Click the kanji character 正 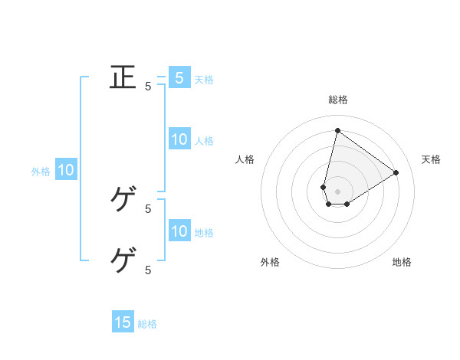[123, 78]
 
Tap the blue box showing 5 [179, 77]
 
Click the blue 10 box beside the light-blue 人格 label [179, 139]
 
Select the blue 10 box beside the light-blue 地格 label [179, 231]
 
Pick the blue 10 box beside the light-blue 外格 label [66, 170]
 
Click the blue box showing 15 [123, 322]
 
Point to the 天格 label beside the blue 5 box [204, 79]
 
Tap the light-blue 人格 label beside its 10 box [204, 141]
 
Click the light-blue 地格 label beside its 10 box [204, 233]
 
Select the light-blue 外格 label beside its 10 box [41, 172]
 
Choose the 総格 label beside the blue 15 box [147, 324]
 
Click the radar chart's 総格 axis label [338, 100]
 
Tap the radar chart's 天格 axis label [432, 159]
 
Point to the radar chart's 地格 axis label [402, 262]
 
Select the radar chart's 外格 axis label [270, 262]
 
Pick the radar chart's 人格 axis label [245, 159]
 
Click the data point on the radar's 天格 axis [396, 172]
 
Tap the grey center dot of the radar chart [338, 191]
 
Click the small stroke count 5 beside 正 [148, 87]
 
